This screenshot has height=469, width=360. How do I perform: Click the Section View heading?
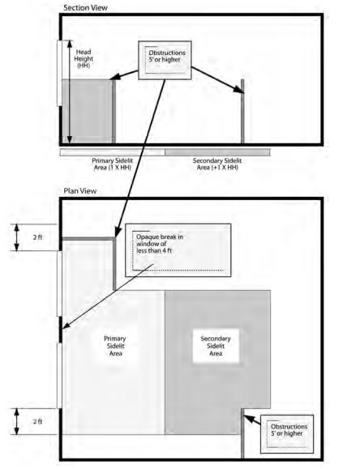click(85, 8)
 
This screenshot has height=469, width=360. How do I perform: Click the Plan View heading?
click(80, 191)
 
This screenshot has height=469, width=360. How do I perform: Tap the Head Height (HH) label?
click(84, 58)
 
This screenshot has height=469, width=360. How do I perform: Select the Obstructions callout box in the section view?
click(165, 60)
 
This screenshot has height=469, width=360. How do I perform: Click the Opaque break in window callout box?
click(178, 250)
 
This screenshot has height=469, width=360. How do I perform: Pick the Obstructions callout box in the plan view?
click(287, 434)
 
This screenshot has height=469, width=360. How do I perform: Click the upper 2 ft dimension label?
click(37, 237)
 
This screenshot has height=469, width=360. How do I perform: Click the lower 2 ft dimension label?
click(37, 421)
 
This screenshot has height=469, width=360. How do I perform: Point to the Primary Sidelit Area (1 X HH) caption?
click(113, 164)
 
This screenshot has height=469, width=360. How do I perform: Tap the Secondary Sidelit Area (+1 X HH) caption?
click(217, 164)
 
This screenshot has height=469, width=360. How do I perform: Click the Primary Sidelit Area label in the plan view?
click(115, 346)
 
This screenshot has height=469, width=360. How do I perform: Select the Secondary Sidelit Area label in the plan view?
click(216, 346)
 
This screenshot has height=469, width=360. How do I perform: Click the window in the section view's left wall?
click(59, 73)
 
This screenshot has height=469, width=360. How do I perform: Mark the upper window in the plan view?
click(59, 284)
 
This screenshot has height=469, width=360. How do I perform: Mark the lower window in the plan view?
click(59, 375)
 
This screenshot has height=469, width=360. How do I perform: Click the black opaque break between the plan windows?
click(60, 330)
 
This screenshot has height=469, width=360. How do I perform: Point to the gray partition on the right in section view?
click(242, 111)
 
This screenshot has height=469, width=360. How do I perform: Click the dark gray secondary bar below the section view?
click(217, 152)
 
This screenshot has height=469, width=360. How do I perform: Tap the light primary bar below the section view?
click(113, 152)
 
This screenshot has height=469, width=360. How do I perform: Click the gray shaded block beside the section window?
click(87, 111)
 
